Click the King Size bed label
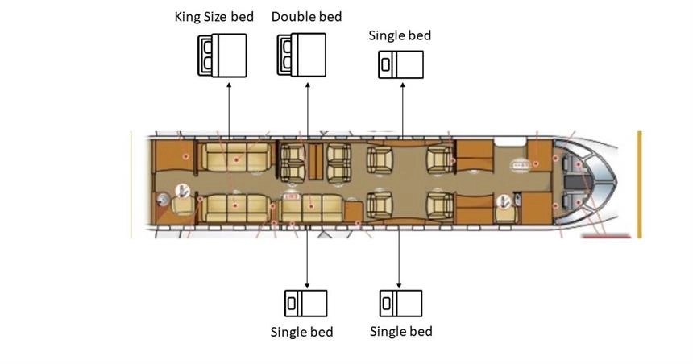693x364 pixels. [214, 17]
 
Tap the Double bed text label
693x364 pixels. [306, 17]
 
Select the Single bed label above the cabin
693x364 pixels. [400, 35]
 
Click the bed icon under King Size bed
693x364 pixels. [222, 56]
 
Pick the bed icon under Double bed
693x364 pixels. [301, 55]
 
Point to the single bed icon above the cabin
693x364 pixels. [400, 64]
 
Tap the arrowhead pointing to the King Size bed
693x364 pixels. [229, 85]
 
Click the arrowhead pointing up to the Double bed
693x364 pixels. [308, 85]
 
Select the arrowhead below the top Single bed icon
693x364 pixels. [403, 85]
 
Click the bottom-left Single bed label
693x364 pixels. [301, 332]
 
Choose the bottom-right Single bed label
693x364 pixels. [400, 331]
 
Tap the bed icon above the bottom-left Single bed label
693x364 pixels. [306, 303]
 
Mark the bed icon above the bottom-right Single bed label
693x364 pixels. [400, 303]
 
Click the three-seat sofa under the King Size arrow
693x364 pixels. [235, 157]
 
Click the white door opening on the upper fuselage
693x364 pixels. [510, 142]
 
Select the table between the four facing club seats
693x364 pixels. [316, 162]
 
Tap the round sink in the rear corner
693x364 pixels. [163, 200]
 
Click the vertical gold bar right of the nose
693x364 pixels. [639, 184]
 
